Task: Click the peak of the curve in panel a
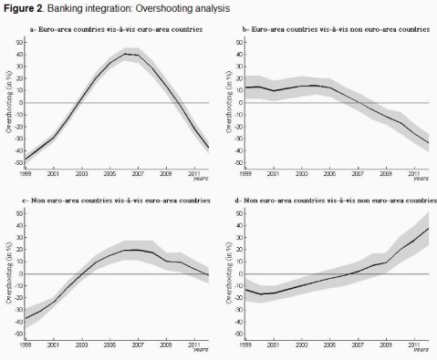click(127, 54)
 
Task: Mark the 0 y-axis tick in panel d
click(235, 273)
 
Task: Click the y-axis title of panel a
click(8, 102)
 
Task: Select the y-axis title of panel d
click(223, 273)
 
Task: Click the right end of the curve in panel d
click(428, 228)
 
